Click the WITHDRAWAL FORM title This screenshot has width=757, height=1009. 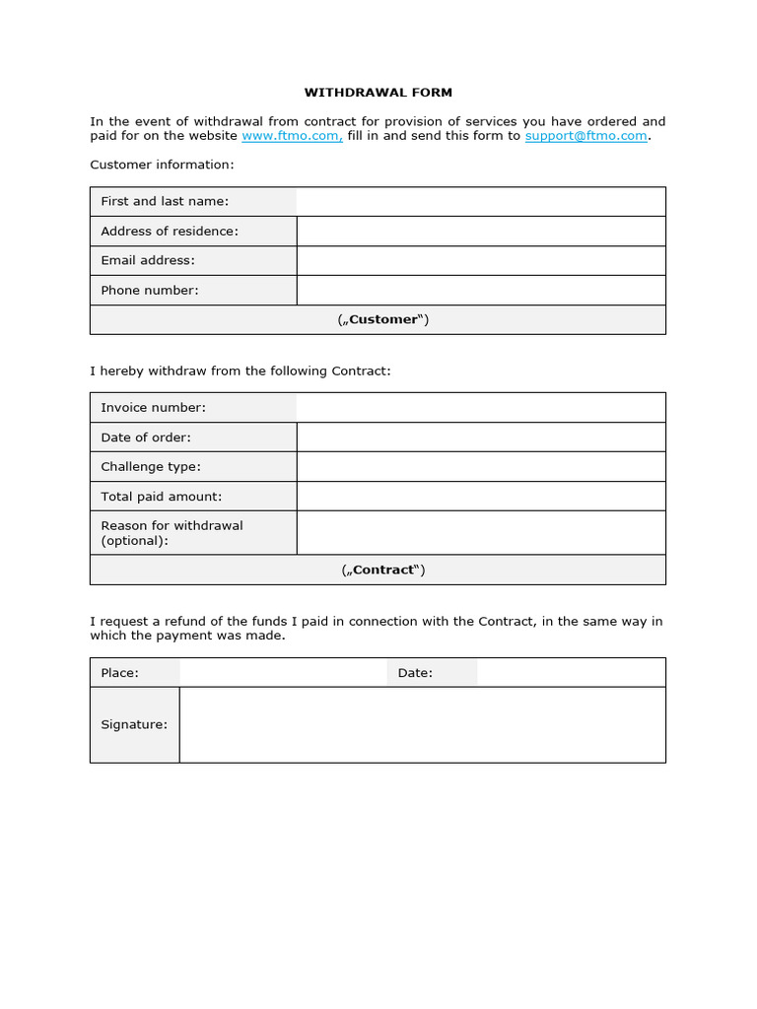coord(378,93)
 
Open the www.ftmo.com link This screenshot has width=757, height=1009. coord(292,136)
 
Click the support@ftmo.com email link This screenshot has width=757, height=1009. coord(585,136)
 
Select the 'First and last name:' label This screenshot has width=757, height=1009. coord(165,201)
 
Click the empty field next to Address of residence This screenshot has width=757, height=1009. coord(480,231)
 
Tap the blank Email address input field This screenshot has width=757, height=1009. coord(480,260)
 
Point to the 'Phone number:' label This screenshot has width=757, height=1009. coord(150,290)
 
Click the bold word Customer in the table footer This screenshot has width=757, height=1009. coord(383,319)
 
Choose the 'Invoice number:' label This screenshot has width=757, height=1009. coord(153,407)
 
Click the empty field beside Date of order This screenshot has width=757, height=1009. coord(480,437)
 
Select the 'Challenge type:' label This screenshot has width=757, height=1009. coord(151,466)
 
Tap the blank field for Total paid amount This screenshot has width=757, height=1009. coord(480,496)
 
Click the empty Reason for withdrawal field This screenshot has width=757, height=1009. coord(480,532)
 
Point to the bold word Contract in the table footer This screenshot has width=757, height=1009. coord(383,570)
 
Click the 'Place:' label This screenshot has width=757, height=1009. coord(119,673)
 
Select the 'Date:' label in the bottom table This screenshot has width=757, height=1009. coord(415,673)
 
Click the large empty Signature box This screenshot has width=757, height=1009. coord(422,724)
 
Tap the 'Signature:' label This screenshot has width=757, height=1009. coord(134,724)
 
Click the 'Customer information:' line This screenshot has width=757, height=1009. coord(162,165)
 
